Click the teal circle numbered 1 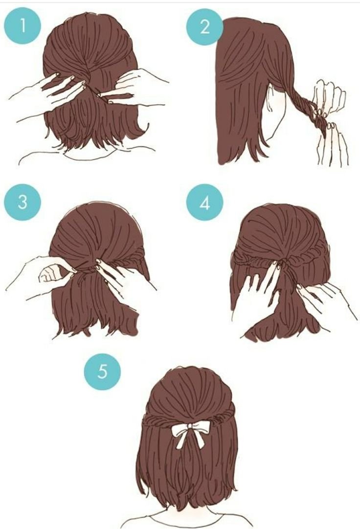coord(22,26)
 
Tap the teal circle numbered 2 coord(204,26)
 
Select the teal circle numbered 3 coord(22,202)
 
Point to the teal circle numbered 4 coord(204,203)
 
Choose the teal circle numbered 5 coord(102,371)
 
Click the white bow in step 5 coord(189,434)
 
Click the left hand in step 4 coord(256,290)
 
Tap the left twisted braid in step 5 coord(158,423)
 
